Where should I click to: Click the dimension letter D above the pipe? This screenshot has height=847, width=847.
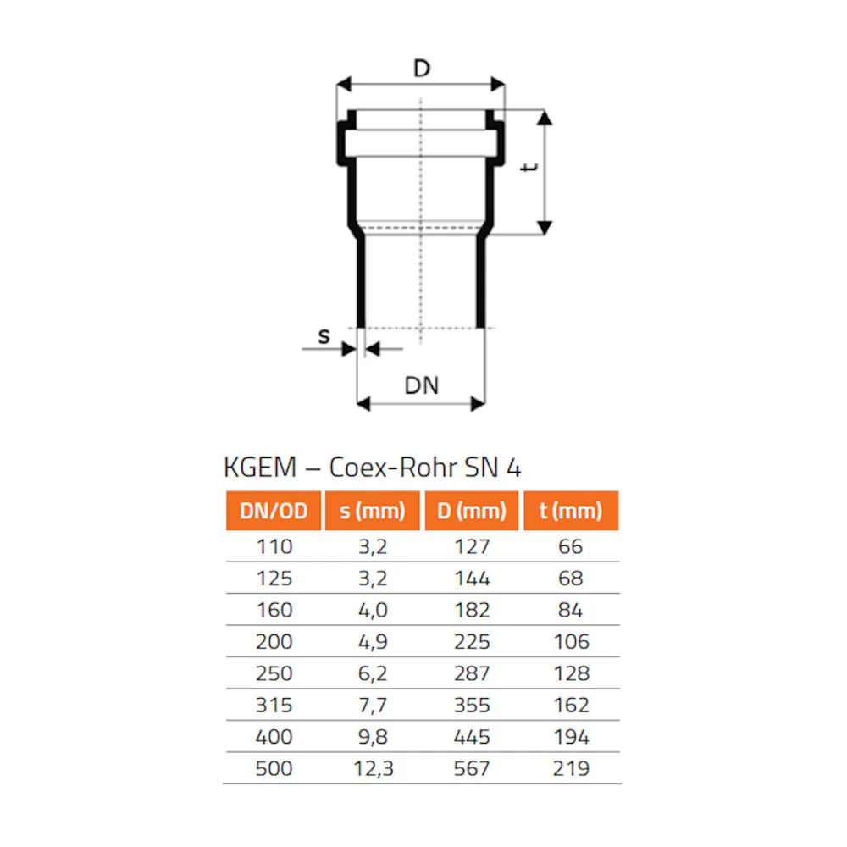[x=421, y=69]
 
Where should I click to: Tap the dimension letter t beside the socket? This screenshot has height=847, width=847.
[x=530, y=168]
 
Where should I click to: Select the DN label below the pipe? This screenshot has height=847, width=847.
[x=421, y=385]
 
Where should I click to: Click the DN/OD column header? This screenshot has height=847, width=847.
[x=274, y=511]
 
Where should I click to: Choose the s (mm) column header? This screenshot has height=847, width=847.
[x=372, y=511]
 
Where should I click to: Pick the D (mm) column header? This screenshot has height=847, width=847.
[x=472, y=511]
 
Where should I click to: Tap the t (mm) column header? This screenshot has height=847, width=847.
[x=571, y=511]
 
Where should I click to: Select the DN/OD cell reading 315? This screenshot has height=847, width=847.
[x=274, y=705]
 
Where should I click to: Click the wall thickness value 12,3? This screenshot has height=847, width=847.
[x=372, y=768]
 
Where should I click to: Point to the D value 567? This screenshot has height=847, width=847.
[x=472, y=768]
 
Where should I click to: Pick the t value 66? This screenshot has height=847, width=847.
[x=571, y=546]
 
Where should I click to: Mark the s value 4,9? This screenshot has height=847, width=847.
[x=372, y=641]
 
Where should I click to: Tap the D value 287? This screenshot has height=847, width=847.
[x=472, y=673]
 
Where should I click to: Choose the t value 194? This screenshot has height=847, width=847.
[x=571, y=737]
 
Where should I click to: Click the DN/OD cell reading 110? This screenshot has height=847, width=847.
[x=274, y=546]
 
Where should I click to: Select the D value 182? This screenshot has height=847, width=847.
[x=472, y=610]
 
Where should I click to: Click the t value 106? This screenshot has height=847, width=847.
[x=571, y=641]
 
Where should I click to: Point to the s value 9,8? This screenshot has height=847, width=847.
[x=372, y=737]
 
